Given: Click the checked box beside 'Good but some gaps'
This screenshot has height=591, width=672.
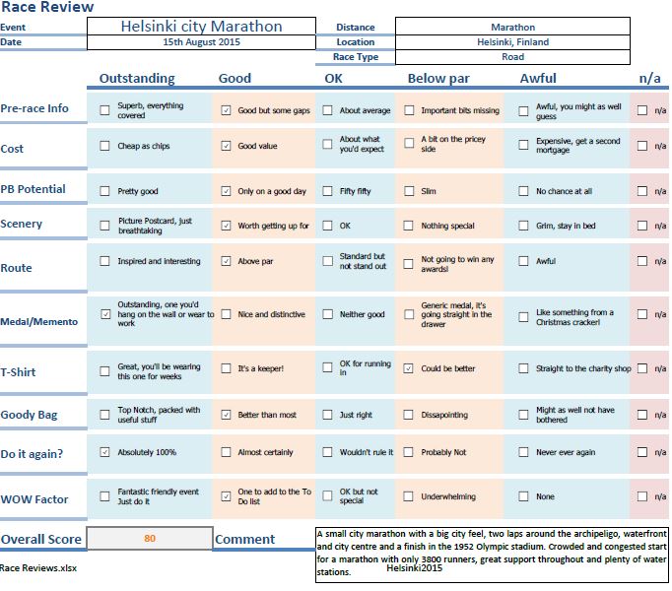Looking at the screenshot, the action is [x=226, y=110].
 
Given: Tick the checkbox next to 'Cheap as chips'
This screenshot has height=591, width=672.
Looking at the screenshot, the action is [x=104, y=146].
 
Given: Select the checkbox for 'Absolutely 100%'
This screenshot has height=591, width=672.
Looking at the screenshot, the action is [x=104, y=452].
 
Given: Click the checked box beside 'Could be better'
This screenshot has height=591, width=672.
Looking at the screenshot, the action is [x=409, y=368].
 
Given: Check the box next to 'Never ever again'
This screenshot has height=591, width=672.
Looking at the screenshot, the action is [x=523, y=452].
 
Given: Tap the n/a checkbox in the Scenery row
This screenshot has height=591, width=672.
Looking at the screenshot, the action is [x=642, y=226].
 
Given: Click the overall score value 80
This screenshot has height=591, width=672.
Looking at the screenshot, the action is [x=150, y=538].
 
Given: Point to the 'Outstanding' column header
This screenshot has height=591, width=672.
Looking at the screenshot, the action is [x=137, y=78].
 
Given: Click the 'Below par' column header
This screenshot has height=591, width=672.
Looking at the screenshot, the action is [x=438, y=79].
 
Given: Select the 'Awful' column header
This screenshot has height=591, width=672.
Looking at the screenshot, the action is [x=538, y=78].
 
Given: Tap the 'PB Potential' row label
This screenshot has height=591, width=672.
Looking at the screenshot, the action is [x=33, y=189].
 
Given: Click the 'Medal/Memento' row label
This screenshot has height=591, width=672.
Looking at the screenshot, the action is [x=39, y=321].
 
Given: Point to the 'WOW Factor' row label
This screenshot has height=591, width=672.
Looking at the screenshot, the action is [x=34, y=499].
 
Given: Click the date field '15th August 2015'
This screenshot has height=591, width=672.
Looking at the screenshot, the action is [x=201, y=42].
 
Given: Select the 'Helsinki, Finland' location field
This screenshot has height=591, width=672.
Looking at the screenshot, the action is [x=512, y=42].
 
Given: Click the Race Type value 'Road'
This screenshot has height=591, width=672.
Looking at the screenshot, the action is [x=512, y=56].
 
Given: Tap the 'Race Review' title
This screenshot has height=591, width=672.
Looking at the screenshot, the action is [x=47, y=7].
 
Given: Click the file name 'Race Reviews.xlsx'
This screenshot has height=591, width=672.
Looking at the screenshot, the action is [x=38, y=568].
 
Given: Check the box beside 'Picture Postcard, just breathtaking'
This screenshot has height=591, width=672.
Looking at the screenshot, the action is [x=104, y=226].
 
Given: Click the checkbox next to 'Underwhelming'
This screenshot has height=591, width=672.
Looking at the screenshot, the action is [x=409, y=496].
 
